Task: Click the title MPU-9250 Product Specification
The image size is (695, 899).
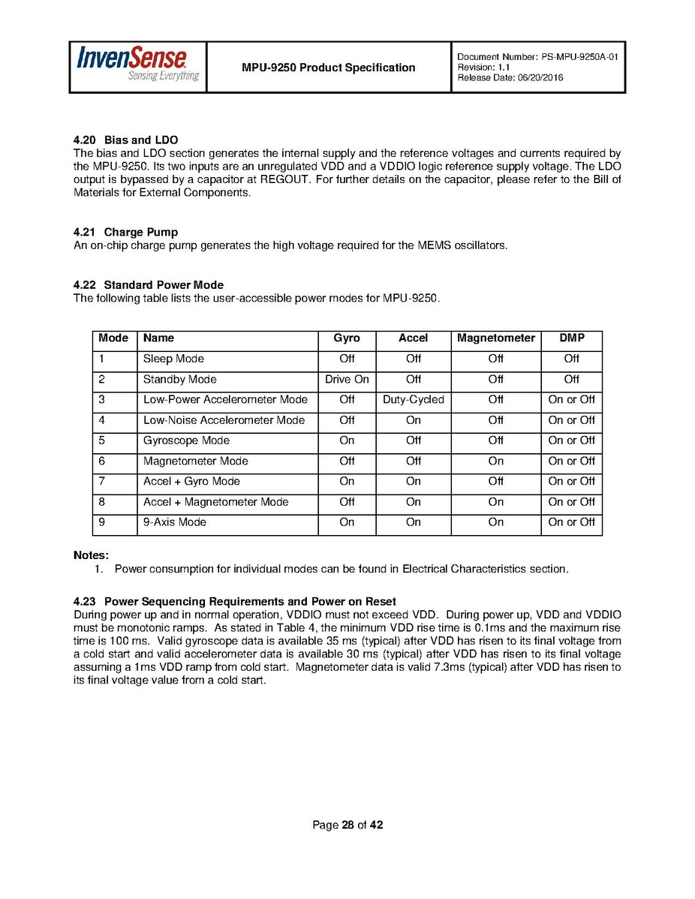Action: click(328, 68)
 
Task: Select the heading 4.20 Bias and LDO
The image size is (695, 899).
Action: click(125, 140)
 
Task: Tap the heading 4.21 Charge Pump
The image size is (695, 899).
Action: click(125, 232)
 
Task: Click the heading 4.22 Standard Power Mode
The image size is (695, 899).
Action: click(148, 285)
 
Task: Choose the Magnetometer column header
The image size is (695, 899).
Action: click(495, 338)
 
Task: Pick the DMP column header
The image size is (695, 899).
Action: click(571, 338)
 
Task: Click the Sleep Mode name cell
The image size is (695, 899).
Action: click(173, 359)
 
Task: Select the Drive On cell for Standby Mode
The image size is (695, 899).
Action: click(347, 380)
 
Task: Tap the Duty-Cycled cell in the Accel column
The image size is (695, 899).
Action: click(413, 400)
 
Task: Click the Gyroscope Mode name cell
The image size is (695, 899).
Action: click(186, 440)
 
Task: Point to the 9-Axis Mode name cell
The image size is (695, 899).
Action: click(174, 522)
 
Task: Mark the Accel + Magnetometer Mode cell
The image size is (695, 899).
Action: click(215, 502)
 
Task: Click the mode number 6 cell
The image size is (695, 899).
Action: click(102, 462)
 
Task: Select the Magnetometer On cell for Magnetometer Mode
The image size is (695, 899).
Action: click(495, 462)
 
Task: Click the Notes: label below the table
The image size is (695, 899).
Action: click(91, 555)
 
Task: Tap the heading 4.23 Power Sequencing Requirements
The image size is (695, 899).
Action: click(234, 602)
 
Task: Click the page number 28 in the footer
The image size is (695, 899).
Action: click(347, 825)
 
